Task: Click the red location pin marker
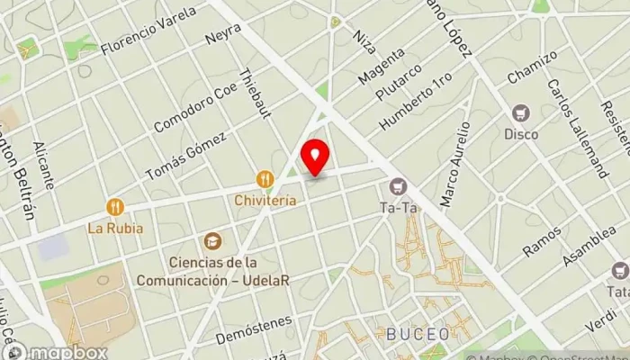coord(315,157)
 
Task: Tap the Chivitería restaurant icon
coord(265,179)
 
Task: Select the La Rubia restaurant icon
coord(115,208)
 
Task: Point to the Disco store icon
coord(519,113)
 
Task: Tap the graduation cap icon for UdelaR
coord(212,241)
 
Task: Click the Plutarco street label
coord(400,83)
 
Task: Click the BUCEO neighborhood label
coord(418,333)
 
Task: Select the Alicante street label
coord(43,164)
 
